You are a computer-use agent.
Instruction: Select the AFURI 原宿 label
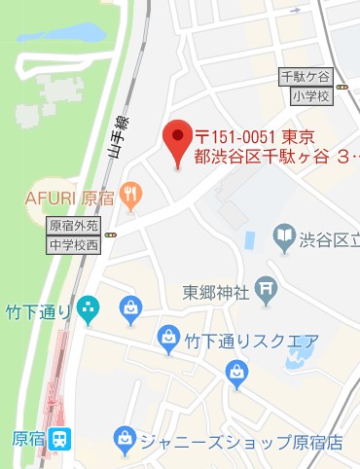[70, 198]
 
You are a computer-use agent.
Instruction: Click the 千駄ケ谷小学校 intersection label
[306, 85]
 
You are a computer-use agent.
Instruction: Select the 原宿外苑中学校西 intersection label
[74, 234]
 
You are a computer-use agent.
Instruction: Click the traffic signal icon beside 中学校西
[112, 235]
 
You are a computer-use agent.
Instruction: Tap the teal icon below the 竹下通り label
[89, 309]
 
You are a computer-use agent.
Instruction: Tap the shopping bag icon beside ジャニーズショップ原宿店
[125, 438]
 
